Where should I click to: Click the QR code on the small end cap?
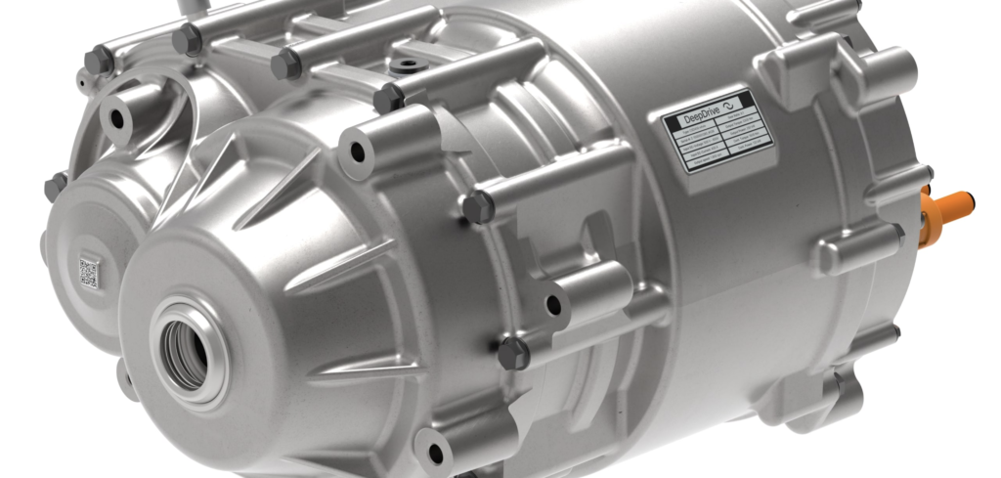pos(89,271)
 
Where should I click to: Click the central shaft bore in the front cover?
pos(187,349)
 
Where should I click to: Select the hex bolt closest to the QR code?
pos(55,185)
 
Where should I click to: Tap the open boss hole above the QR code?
pos(118,118)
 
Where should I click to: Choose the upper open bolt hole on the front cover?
pos(357,152)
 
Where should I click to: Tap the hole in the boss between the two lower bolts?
pos(554,304)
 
